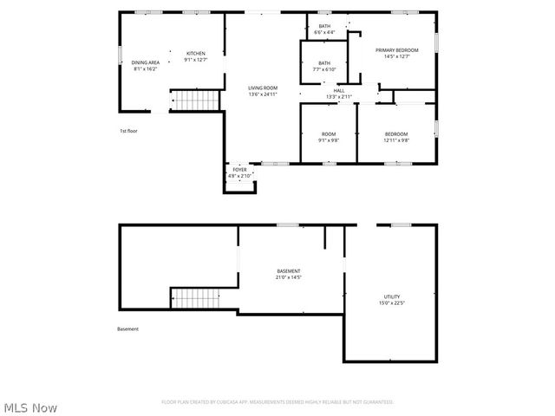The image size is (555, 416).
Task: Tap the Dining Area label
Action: click(x=146, y=62)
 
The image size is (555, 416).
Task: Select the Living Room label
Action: click(x=263, y=88)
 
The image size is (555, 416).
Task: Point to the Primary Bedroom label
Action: click(x=397, y=50)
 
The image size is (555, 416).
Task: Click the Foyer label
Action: click(x=239, y=170)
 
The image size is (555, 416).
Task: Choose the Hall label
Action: click(x=339, y=91)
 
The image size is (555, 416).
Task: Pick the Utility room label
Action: click(x=392, y=296)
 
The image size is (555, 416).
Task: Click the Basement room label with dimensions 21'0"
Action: click(x=289, y=271)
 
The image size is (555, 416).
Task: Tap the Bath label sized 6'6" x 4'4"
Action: click(x=324, y=27)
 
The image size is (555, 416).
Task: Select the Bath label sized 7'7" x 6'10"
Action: click(x=323, y=62)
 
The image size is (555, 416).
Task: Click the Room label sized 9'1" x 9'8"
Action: click(x=329, y=133)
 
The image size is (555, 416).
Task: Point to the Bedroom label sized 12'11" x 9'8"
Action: click(x=396, y=133)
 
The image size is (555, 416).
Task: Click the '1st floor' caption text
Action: click(x=128, y=131)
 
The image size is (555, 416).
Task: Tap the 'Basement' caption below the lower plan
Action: click(x=127, y=328)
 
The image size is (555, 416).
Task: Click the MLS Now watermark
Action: click(x=30, y=406)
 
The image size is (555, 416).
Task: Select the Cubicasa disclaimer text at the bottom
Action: click(x=277, y=402)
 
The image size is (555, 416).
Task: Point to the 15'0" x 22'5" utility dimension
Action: click(x=392, y=302)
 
